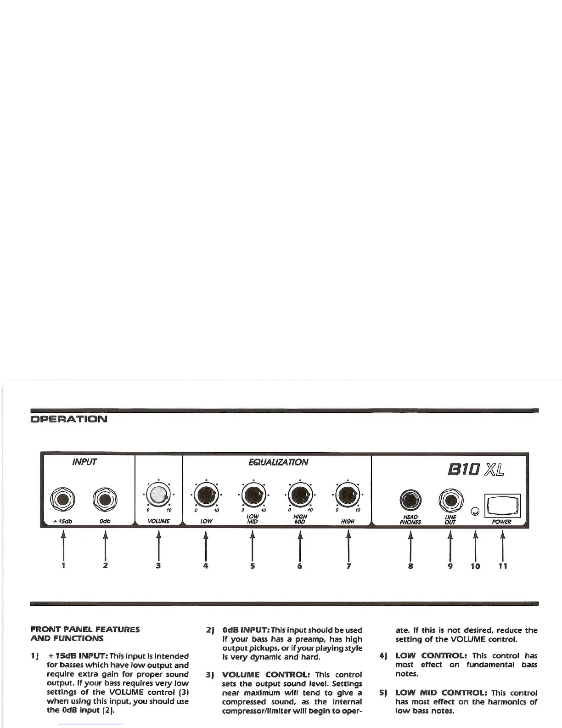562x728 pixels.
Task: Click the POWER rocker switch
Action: pyautogui.click(x=502, y=506)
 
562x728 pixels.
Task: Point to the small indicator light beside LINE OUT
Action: pyautogui.click(x=476, y=511)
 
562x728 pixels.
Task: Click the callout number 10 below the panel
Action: pyautogui.click(x=475, y=566)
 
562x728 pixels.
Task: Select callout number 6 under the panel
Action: pyautogui.click(x=300, y=566)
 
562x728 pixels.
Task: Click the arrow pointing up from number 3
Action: pyautogui.click(x=158, y=545)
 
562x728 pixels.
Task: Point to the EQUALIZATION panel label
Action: pyautogui.click(x=278, y=462)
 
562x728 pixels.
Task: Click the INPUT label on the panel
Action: pyautogui.click(x=84, y=462)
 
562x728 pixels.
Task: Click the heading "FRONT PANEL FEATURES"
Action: pyautogui.click(x=85, y=629)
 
